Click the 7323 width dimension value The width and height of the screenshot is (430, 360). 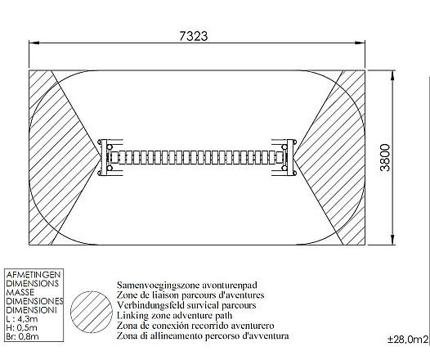[x=194, y=36]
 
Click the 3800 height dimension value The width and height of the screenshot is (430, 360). [x=385, y=157]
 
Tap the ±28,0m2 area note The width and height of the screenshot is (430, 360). [x=408, y=340]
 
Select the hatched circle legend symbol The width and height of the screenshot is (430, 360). [x=92, y=312]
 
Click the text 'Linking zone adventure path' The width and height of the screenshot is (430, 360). [x=174, y=315]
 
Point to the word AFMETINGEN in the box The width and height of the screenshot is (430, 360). [x=34, y=274]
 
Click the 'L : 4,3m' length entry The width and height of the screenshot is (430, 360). [x=22, y=319]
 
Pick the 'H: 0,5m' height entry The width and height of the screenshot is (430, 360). [x=21, y=327]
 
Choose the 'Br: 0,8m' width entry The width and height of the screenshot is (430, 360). [x=22, y=336]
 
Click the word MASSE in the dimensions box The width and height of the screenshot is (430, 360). [x=20, y=292]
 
